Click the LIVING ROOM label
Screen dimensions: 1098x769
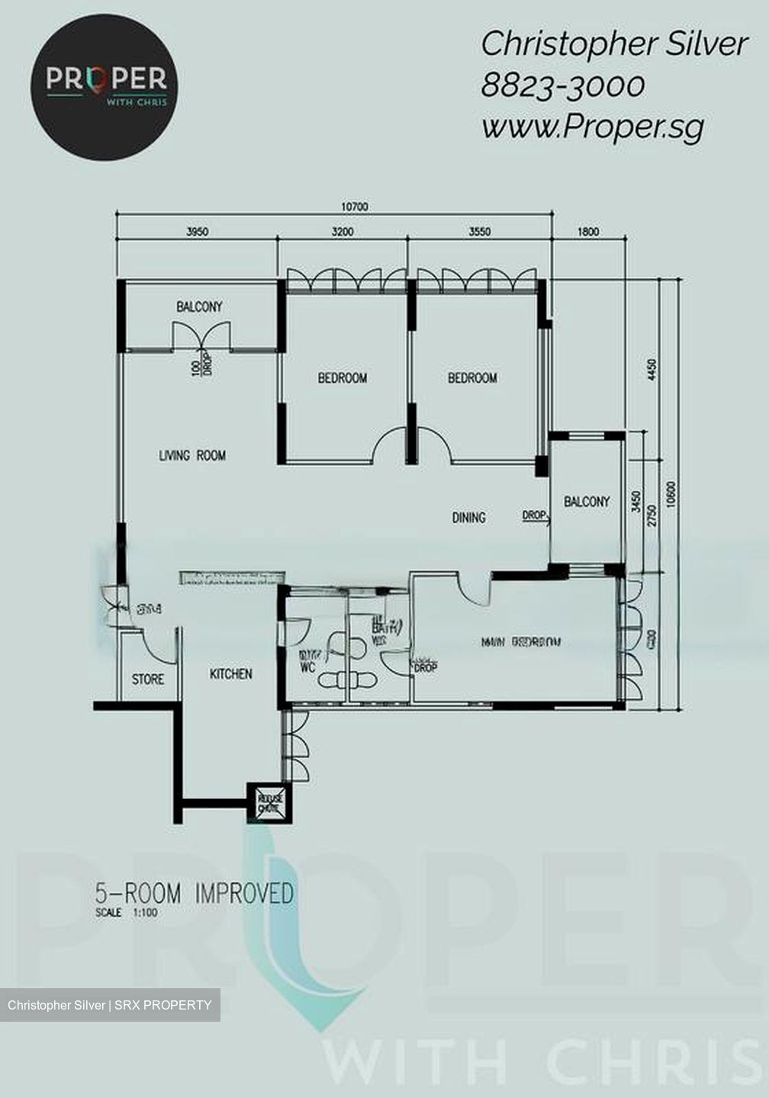click(192, 456)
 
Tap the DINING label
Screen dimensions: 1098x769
click(468, 518)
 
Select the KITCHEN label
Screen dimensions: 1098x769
click(230, 674)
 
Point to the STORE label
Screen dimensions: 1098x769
click(148, 679)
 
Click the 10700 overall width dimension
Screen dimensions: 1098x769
click(355, 207)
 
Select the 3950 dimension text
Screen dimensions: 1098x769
click(198, 232)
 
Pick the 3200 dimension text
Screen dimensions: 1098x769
click(343, 232)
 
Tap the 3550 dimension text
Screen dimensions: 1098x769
click(480, 232)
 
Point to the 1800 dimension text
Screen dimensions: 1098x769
click(588, 232)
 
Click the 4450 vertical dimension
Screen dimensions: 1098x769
click(652, 371)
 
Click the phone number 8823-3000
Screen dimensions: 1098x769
click(562, 85)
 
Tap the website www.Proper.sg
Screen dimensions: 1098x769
click(592, 127)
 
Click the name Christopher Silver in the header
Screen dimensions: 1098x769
click(614, 44)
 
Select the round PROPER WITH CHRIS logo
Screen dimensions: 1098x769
click(105, 86)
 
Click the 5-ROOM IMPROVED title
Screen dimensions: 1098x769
click(195, 893)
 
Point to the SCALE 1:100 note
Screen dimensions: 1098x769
click(127, 913)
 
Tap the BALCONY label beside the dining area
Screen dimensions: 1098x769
click(587, 502)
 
